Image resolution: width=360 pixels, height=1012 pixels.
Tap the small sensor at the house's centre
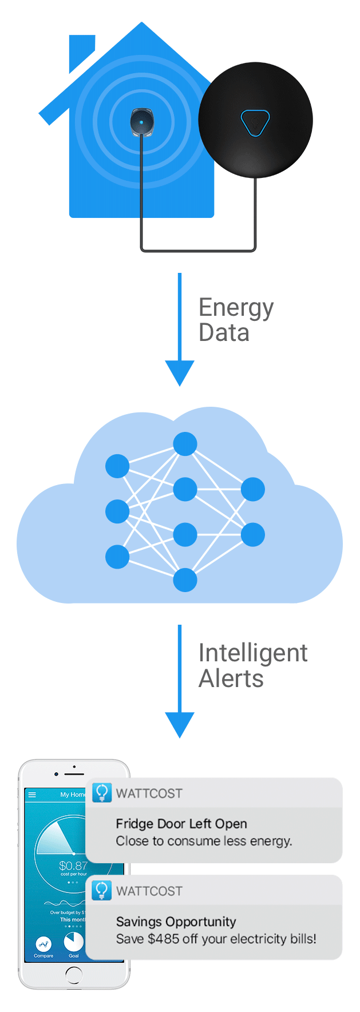[x=141, y=122]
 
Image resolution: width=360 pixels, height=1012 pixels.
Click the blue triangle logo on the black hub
[x=255, y=122]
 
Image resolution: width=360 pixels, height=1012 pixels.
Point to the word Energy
[x=236, y=308]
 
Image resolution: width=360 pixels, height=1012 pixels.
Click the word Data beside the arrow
[x=224, y=333]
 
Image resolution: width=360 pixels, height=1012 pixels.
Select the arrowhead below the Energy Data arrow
[x=180, y=372]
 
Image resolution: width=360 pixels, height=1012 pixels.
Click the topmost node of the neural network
[x=185, y=444]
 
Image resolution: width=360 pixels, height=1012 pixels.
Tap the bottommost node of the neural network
[x=185, y=580]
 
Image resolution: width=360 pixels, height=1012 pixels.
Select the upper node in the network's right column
[x=252, y=490]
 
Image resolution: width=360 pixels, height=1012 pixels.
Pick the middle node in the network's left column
[x=117, y=511]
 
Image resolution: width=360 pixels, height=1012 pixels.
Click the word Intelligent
[x=252, y=653]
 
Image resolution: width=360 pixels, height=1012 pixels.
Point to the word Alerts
[x=231, y=679]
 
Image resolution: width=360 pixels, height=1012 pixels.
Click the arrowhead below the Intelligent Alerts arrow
[x=180, y=724]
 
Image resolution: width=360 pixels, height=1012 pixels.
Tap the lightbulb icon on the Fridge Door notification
[x=102, y=792]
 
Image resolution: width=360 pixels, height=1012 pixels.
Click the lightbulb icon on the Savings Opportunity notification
[x=102, y=890]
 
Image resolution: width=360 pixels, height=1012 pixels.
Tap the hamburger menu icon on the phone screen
[x=32, y=795]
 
